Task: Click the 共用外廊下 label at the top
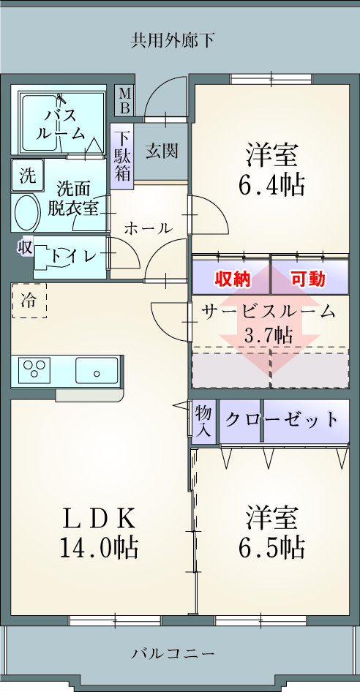[x=173, y=40]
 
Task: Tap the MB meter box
[x=125, y=101]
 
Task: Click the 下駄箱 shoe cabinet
[x=122, y=157]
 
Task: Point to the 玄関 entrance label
[x=162, y=151]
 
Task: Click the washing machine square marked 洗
[x=27, y=176]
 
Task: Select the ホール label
[x=148, y=228]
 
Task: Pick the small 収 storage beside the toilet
[x=25, y=247]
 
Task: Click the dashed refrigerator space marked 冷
[x=29, y=301]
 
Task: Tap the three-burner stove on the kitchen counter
[x=34, y=369]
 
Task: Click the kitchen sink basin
[x=97, y=371]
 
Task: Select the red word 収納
[x=233, y=279]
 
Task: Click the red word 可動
[x=308, y=279]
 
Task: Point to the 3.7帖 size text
[x=268, y=336]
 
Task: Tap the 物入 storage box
[x=205, y=421]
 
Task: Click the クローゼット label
[x=282, y=420]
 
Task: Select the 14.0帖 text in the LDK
[x=99, y=548]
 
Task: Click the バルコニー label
[x=173, y=652]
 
